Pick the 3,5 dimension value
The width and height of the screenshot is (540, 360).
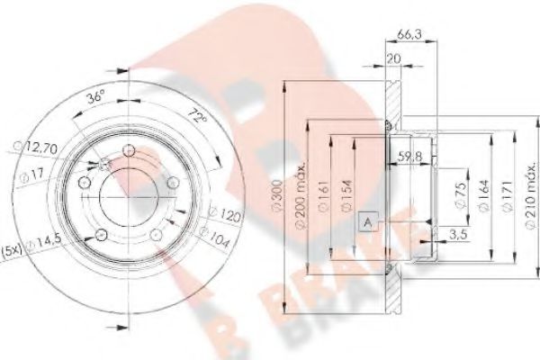(457, 235)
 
